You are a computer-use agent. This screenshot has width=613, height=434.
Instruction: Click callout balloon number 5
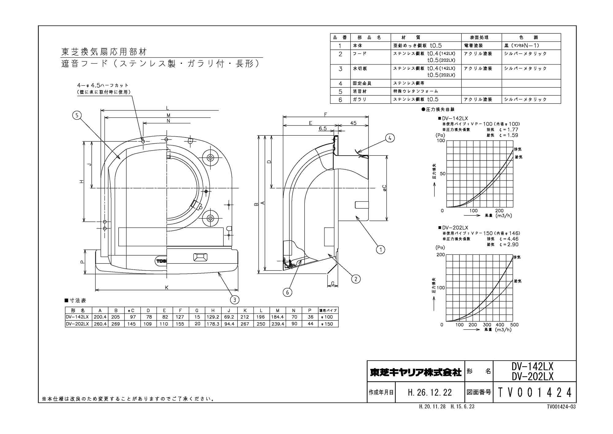click(x=77, y=115)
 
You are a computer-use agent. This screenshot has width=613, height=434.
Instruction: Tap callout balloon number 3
click(x=234, y=300)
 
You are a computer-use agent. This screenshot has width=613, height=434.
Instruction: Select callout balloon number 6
click(x=287, y=292)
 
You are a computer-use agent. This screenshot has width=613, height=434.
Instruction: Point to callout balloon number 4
click(x=390, y=138)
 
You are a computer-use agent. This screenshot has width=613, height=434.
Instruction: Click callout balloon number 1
click(x=380, y=250)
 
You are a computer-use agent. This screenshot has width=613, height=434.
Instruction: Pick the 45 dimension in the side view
click(x=353, y=123)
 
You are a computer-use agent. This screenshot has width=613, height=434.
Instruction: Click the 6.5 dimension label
click(x=322, y=129)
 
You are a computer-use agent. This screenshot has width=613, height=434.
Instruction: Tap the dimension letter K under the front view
click(x=167, y=288)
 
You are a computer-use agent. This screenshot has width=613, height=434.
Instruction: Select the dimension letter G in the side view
click(x=333, y=284)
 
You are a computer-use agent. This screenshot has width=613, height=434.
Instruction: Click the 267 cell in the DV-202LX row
click(x=245, y=324)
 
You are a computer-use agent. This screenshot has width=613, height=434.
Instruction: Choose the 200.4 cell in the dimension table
click(x=100, y=317)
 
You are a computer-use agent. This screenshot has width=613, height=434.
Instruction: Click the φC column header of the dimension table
click(x=131, y=310)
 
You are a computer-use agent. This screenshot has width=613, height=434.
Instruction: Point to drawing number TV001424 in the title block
click(x=535, y=392)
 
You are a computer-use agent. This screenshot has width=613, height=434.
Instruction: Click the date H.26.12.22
click(x=430, y=392)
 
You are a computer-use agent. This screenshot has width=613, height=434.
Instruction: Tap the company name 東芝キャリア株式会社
click(x=416, y=372)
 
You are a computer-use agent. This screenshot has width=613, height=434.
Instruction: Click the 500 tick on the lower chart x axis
click(x=514, y=325)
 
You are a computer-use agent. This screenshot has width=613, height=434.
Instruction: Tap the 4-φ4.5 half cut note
click(x=103, y=86)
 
